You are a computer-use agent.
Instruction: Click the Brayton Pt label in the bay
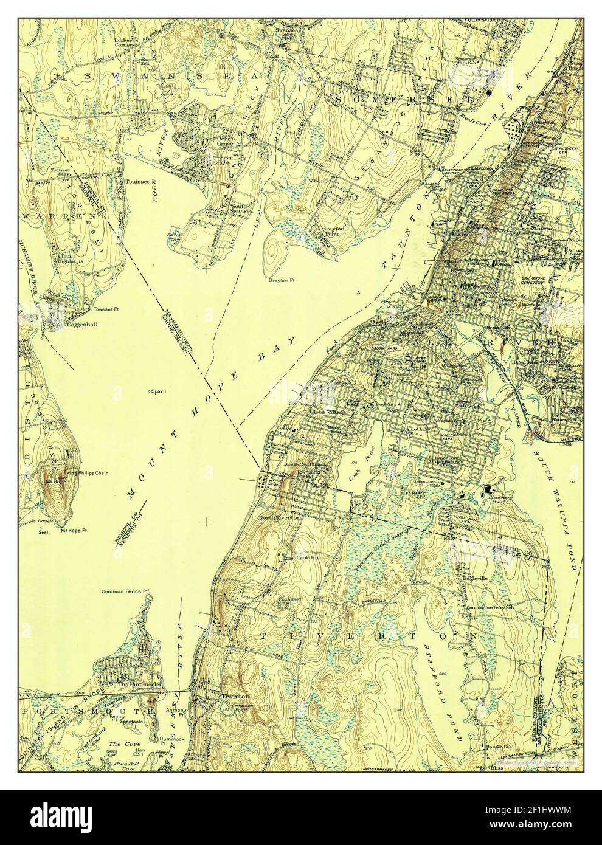click(x=281, y=281)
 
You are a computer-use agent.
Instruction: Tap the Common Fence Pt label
click(x=125, y=591)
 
